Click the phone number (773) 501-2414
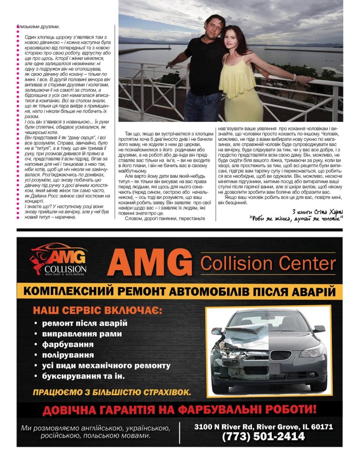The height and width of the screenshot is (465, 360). [x=263, y=437]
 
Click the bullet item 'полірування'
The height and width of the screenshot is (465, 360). [x=68, y=355]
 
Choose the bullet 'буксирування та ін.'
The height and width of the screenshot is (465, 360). [x=83, y=376]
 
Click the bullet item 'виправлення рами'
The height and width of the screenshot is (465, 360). [x=82, y=334]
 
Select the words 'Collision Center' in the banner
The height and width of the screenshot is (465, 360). [x=268, y=263]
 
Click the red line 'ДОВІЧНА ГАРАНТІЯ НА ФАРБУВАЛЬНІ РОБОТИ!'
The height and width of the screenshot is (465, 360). [x=179, y=410]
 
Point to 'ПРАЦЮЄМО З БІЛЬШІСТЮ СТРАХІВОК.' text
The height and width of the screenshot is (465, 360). [x=111, y=391]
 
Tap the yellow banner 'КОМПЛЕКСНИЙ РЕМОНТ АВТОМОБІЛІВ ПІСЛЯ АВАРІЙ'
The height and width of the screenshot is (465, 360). [x=180, y=291]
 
